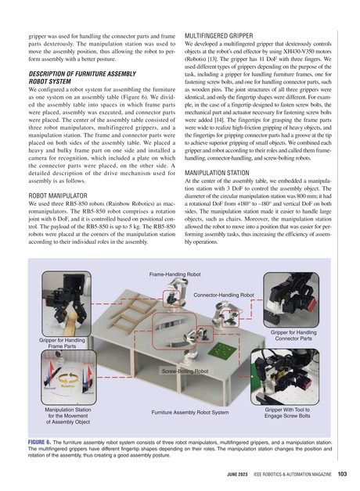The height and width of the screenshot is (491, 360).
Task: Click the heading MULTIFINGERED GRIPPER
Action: point(225,36)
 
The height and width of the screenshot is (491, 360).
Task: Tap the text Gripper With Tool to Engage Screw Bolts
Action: point(304,412)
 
